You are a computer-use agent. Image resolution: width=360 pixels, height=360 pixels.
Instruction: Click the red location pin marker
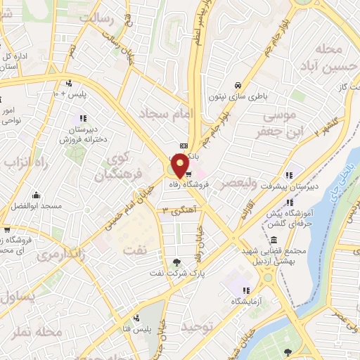coord(180,165)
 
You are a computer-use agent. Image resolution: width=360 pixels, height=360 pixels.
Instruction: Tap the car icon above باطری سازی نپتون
coord(238,81)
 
